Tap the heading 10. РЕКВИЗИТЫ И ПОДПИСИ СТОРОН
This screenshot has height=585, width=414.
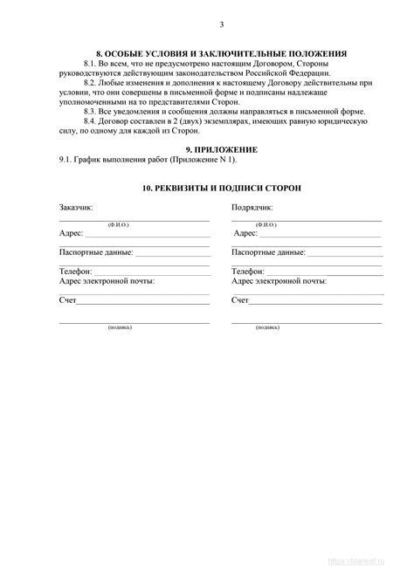[220, 189]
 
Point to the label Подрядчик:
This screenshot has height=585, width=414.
[252, 209]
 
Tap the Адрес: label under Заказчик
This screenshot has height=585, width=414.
[72, 234]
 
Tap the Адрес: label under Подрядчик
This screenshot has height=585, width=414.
[245, 234]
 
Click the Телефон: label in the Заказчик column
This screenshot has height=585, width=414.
[75, 272]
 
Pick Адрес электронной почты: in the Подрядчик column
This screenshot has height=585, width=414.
[279, 281]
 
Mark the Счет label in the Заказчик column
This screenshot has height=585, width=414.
[68, 300]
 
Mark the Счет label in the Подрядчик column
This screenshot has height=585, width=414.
[240, 300]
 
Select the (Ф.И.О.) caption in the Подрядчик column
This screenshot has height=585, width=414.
[268, 225]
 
